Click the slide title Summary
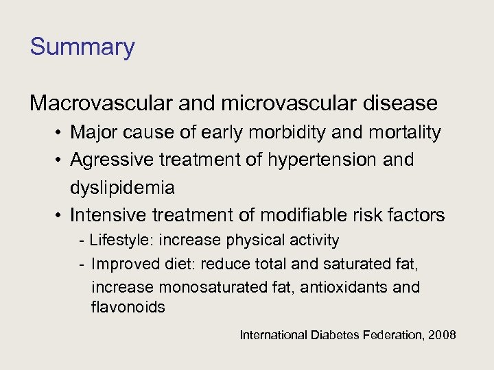(82, 47)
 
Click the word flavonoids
(128, 308)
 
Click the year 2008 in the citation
(441, 336)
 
